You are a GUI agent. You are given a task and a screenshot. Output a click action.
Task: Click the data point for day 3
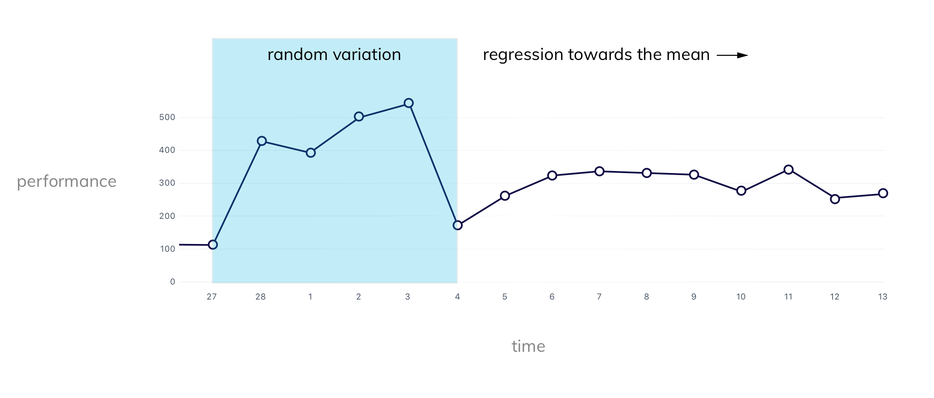pyautogui.click(x=409, y=103)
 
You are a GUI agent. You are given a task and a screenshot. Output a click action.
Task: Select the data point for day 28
pyautogui.click(x=262, y=141)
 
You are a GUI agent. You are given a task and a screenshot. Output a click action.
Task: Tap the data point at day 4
pyautogui.click(x=458, y=225)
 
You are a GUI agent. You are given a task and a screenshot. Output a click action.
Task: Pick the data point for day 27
pyautogui.click(x=213, y=245)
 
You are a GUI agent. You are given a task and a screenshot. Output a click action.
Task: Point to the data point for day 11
pyautogui.click(x=788, y=170)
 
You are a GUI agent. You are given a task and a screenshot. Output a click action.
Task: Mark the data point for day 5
pyautogui.click(x=505, y=196)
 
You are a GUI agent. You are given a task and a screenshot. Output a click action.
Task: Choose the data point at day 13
pyautogui.click(x=883, y=193)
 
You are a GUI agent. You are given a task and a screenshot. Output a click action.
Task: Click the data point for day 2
pyautogui.click(x=359, y=117)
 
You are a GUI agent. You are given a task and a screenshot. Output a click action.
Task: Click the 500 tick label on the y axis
pyautogui.click(x=167, y=118)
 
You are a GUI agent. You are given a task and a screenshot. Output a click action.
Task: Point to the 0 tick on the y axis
pyautogui.click(x=173, y=282)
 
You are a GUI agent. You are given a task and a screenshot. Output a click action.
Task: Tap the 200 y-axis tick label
pyautogui.click(x=167, y=216)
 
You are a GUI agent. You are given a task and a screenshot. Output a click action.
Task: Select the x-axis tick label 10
pyautogui.click(x=741, y=297)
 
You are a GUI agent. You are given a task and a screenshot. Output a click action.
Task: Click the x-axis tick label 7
pyautogui.click(x=599, y=297)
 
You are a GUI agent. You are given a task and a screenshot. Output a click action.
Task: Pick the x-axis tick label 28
pyautogui.click(x=260, y=297)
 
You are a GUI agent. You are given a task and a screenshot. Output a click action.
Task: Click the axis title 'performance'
pyautogui.click(x=67, y=182)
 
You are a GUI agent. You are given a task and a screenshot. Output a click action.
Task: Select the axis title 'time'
pyautogui.click(x=528, y=347)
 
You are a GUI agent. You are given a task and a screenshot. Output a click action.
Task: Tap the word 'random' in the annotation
pyautogui.click(x=297, y=55)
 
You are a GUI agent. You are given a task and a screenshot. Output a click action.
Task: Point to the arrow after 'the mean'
pyautogui.click(x=732, y=56)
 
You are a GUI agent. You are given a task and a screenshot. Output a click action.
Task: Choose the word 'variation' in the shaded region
pyautogui.click(x=367, y=55)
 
